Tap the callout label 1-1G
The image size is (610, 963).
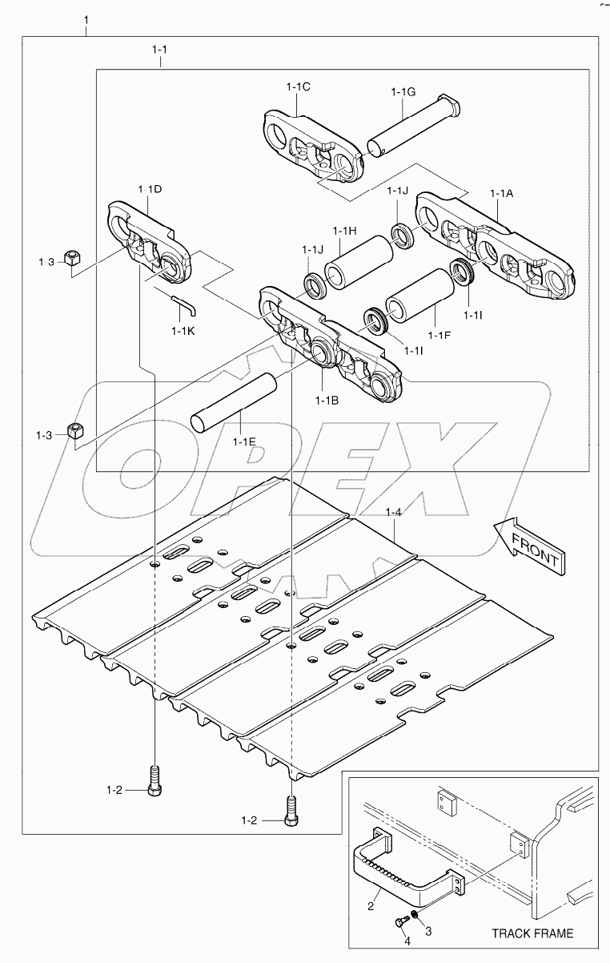pos(403,93)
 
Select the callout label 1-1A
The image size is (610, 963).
pos(501,193)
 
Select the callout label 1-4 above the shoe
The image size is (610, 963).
pos(393,512)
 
